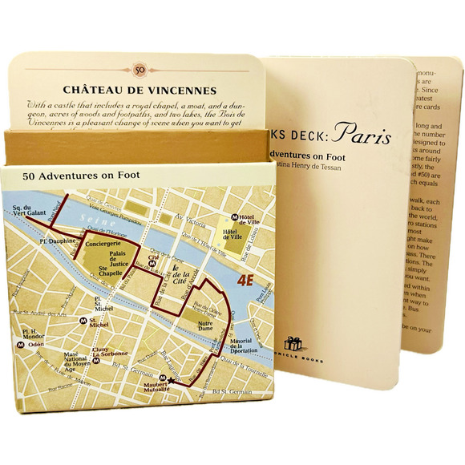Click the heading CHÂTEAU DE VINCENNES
[140, 90]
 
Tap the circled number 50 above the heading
[140, 71]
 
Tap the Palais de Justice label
[119, 257]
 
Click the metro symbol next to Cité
[163, 261]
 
